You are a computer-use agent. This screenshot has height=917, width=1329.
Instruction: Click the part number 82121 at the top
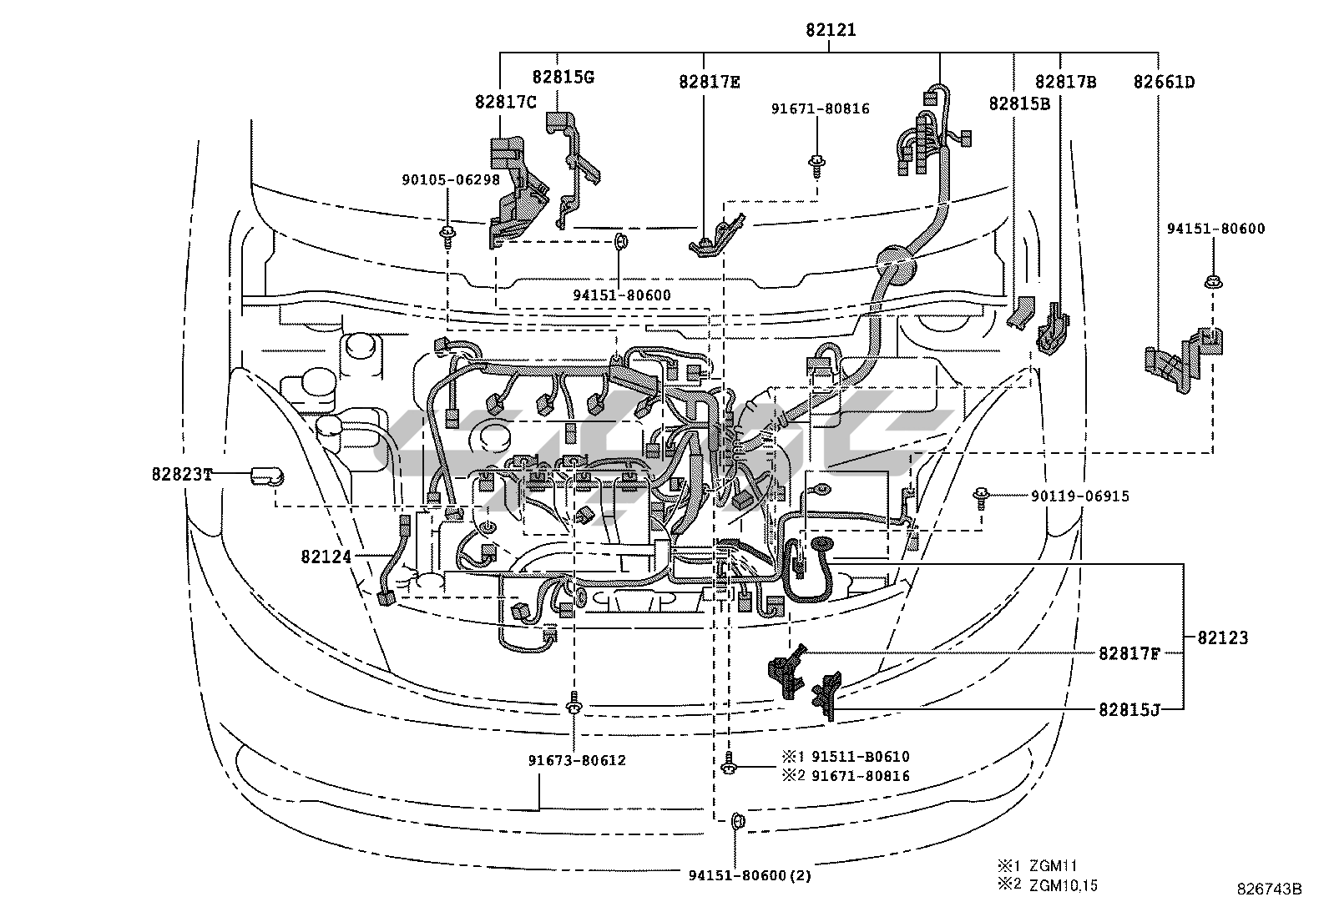[831, 31]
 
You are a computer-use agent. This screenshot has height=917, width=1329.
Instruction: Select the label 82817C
[505, 102]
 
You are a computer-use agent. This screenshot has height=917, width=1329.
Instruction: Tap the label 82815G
[563, 77]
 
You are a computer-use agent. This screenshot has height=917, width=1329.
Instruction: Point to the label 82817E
[709, 82]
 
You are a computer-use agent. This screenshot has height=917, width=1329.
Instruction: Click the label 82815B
[1018, 103]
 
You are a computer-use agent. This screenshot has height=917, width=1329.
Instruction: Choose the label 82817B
[1065, 82]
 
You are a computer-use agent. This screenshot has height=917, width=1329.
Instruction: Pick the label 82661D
[1163, 82]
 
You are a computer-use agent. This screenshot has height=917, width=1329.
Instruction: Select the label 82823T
[182, 474]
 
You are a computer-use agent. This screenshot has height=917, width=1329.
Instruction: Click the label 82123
[1222, 637]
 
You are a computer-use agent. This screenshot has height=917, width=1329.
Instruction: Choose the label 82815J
[1129, 709]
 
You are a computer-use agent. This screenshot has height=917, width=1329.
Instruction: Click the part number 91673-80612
[576, 760]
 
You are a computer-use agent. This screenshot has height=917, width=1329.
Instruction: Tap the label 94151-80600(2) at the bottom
[750, 875]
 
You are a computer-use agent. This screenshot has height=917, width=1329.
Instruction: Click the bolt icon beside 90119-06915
[982, 498]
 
